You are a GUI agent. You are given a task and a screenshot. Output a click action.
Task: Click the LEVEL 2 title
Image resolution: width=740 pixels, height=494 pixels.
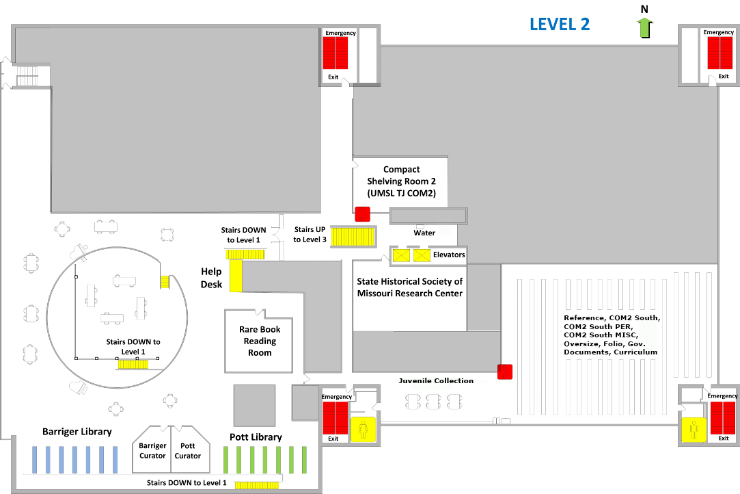point(560,24)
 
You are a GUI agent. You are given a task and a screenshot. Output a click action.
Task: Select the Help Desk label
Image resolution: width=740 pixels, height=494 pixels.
point(211,278)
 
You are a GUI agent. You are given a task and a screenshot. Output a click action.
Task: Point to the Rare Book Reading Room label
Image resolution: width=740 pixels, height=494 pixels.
point(260,341)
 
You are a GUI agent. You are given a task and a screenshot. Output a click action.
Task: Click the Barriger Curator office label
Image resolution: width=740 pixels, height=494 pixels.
point(152,451)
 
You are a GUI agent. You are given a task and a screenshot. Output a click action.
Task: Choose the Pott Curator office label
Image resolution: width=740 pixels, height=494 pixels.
point(188,451)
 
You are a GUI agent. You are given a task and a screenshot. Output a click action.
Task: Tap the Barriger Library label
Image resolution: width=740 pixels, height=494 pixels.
point(77,432)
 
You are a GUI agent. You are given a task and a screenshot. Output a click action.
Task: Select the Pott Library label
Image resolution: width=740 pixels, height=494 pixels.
point(256,437)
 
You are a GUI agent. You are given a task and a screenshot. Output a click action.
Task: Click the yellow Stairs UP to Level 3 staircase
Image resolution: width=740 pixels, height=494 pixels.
point(353,236)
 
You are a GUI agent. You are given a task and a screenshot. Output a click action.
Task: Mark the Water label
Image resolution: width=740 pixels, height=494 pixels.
point(424,233)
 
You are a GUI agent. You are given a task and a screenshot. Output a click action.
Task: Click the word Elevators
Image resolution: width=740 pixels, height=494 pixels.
point(449,255)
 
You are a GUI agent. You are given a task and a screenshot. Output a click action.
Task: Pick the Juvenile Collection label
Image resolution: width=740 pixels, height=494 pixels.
point(436,380)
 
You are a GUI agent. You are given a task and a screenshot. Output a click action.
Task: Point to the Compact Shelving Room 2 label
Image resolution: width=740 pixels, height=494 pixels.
point(401,181)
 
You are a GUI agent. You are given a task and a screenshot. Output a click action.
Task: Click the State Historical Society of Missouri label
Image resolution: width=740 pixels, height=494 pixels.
point(410,287)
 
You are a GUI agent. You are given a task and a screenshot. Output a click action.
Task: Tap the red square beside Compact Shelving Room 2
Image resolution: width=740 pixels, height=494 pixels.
point(361,213)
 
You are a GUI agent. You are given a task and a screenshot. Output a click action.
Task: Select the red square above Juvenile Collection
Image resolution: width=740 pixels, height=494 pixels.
point(505,372)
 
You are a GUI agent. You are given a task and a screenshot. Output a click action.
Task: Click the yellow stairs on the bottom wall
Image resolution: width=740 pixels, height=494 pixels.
point(257,485)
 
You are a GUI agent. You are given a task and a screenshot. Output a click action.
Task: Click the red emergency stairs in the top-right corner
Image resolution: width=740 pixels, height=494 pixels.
point(720,53)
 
